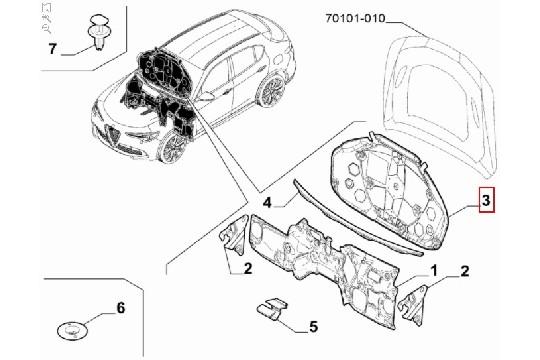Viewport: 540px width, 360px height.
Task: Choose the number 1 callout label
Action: [434, 271]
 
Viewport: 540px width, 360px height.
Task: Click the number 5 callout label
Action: [313, 325]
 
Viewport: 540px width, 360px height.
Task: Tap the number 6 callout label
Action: [121, 308]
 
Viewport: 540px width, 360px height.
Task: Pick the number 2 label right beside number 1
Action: [464, 271]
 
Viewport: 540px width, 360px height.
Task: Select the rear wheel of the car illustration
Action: [268, 93]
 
